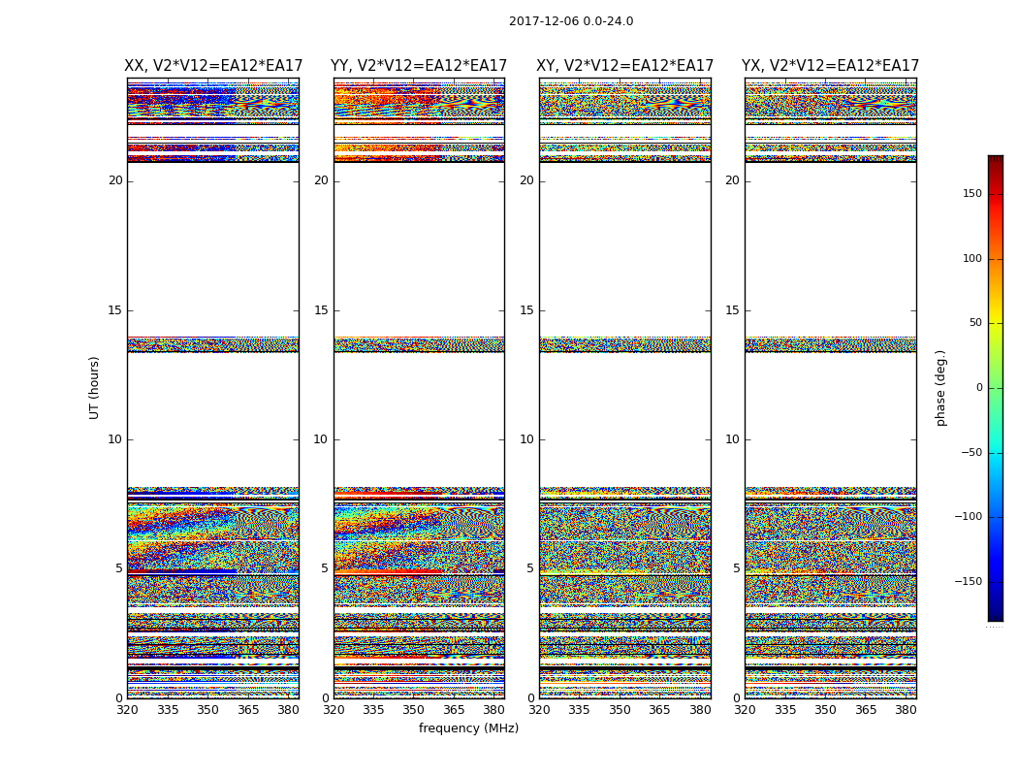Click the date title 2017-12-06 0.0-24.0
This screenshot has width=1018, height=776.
click(571, 21)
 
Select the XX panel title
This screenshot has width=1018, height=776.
click(213, 66)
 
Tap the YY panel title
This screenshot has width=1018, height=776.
click(419, 66)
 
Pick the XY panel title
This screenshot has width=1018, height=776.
click(625, 66)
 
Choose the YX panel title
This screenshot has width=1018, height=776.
click(831, 66)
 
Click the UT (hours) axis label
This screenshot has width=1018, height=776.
click(94, 387)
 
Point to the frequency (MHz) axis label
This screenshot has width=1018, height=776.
click(468, 728)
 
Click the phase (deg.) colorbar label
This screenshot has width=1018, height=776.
click(940, 387)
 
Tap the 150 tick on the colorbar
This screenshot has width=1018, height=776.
click(972, 194)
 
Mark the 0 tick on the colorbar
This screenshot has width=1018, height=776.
click(979, 388)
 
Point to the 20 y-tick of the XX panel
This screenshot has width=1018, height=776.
click(115, 180)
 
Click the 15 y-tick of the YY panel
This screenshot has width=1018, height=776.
click(321, 310)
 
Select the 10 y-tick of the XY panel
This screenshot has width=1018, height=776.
click(526, 439)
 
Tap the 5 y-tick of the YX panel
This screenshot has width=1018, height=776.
click(736, 568)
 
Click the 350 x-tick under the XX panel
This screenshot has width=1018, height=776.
click(207, 710)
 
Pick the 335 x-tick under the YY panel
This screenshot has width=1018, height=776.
click(373, 710)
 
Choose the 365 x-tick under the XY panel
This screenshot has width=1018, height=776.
click(659, 710)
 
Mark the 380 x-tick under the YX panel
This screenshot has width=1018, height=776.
click(906, 710)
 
